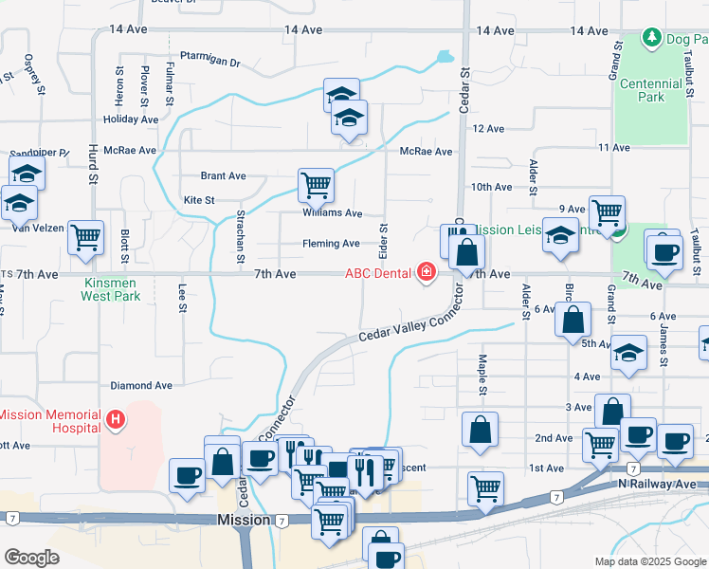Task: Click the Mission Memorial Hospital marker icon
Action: pyautogui.click(x=115, y=418)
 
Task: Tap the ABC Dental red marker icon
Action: pyautogui.click(x=427, y=274)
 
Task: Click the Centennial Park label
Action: pyautogui.click(x=650, y=90)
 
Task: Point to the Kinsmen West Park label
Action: pyautogui.click(x=112, y=289)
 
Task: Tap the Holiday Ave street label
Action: pyautogui.click(x=131, y=119)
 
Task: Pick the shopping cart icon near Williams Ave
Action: pyautogui.click(x=316, y=184)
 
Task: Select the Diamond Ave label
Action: pyautogui.click(x=141, y=386)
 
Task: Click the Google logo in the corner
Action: pyautogui.click(x=30, y=558)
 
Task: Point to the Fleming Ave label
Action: pyautogui.click(x=331, y=244)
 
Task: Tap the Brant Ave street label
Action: pyautogui.click(x=223, y=175)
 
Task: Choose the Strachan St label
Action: pyautogui.click(x=240, y=237)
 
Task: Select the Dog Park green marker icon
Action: pyautogui.click(x=651, y=39)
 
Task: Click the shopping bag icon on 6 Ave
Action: pyautogui.click(x=573, y=320)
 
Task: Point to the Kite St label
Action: pyautogui.click(x=199, y=200)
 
